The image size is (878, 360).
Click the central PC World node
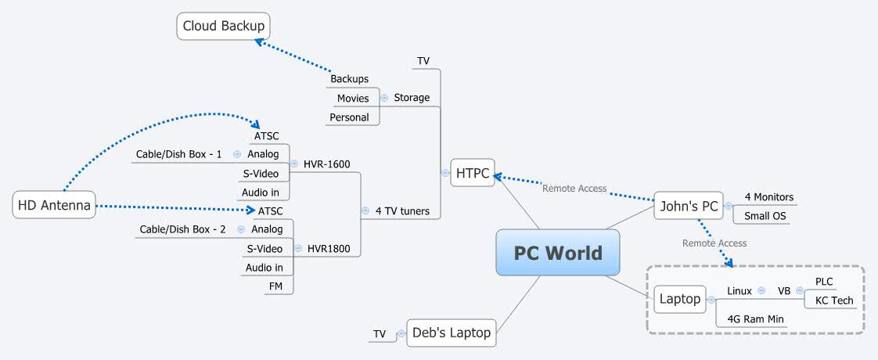coord(557,253)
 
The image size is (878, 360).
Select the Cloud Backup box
coord(223,27)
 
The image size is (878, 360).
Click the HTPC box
coord(472,172)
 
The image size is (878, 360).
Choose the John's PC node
coord(688,207)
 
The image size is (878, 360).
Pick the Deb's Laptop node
coord(452,333)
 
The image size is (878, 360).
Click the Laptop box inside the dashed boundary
coord(679,299)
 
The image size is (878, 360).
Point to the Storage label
coord(412,98)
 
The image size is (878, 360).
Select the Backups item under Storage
coord(349,79)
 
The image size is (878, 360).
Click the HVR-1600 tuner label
coord(326,164)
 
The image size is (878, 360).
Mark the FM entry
coord(275,286)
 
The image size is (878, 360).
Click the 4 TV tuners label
coord(401,211)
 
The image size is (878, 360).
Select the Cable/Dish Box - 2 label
coord(182,229)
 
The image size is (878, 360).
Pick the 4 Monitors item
coord(768,197)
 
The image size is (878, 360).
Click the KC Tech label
coord(834,301)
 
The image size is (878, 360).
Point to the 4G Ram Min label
coord(755,319)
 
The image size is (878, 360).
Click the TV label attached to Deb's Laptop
coord(380,334)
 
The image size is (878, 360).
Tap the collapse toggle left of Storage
coord(384,98)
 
